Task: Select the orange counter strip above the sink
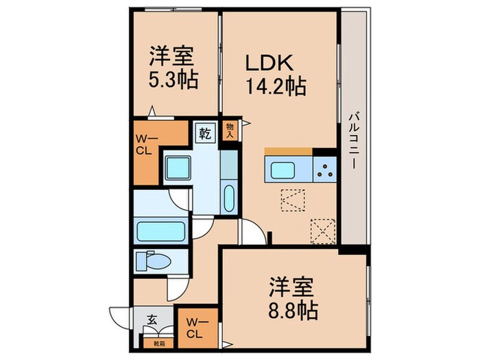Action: point(289,152)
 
